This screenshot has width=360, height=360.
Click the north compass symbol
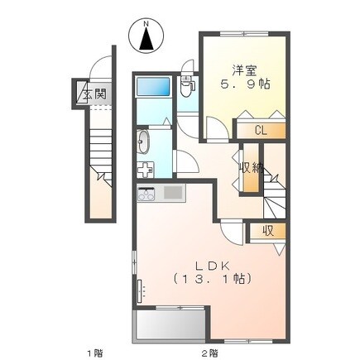click(x=146, y=36)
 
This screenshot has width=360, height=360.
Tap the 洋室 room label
click(x=244, y=70)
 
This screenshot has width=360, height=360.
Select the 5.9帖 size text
click(x=244, y=84)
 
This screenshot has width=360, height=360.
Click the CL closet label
click(x=261, y=131)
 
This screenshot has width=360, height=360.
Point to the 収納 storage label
click(x=251, y=167)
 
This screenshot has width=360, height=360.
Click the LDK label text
click(x=213, y=266)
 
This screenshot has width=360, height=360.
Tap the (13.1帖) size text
click(x=212, y=279)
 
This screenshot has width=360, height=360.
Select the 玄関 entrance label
click(x=94, y=94)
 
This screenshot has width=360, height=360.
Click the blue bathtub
click(x=153, y=86)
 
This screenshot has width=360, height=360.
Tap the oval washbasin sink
click(x=143, y=142)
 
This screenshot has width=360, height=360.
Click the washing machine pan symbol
click(x=146, y=170)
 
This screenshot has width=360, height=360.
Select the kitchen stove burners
click(x=146, y=194)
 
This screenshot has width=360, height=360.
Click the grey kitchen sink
click(x=173, y=192)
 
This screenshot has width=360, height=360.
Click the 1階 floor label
click(x=95, y=353)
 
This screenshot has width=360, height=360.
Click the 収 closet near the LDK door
click(x=268, y=231)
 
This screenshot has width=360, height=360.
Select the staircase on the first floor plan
click(x=101, y=157)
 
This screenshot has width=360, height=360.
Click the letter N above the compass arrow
click(x=146, y=24)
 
